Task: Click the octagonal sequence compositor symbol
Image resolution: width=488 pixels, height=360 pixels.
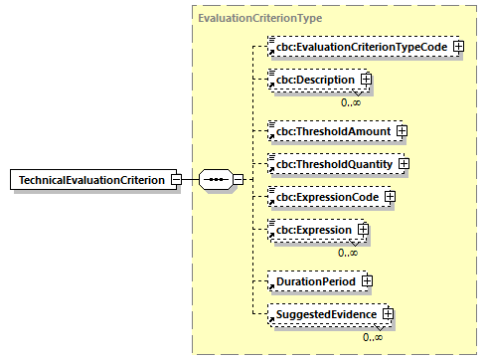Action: click(215, 180)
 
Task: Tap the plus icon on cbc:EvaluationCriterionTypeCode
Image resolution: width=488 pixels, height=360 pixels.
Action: click(458, 47)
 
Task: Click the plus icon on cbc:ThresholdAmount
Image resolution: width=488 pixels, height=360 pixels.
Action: click(402, 130)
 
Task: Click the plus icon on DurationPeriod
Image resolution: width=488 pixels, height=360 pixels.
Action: click(368, 281)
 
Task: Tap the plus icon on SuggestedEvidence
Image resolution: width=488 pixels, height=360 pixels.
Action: click(389, 314)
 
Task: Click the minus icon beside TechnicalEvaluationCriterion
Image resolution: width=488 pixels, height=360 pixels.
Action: click(175, 179)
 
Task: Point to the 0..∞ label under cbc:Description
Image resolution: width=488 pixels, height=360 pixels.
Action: click(350, 101)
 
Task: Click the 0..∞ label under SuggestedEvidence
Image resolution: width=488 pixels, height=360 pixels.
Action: click(373, 337)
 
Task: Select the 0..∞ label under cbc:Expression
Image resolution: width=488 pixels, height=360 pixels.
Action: click(348, 253)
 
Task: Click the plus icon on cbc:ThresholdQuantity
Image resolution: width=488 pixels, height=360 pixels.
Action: click(405, 163)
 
